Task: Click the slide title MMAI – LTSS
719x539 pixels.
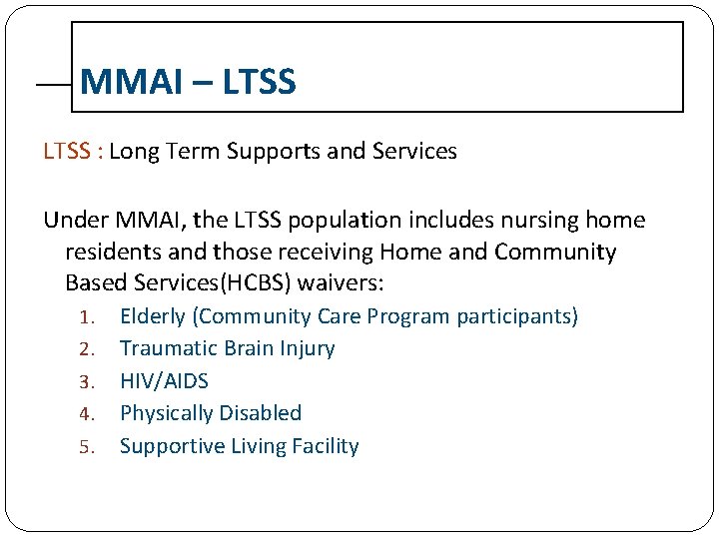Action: click(188, 82)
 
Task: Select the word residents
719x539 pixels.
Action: click(111, 252)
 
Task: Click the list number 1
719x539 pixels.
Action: click(86, 317)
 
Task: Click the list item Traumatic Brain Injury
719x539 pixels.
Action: click(227, 348)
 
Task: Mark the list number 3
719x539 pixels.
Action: click(86, 382)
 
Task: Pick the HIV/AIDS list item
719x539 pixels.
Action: click(164, 381)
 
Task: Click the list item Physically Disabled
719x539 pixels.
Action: click(210, 413)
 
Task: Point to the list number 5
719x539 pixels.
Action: click(86, 447)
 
